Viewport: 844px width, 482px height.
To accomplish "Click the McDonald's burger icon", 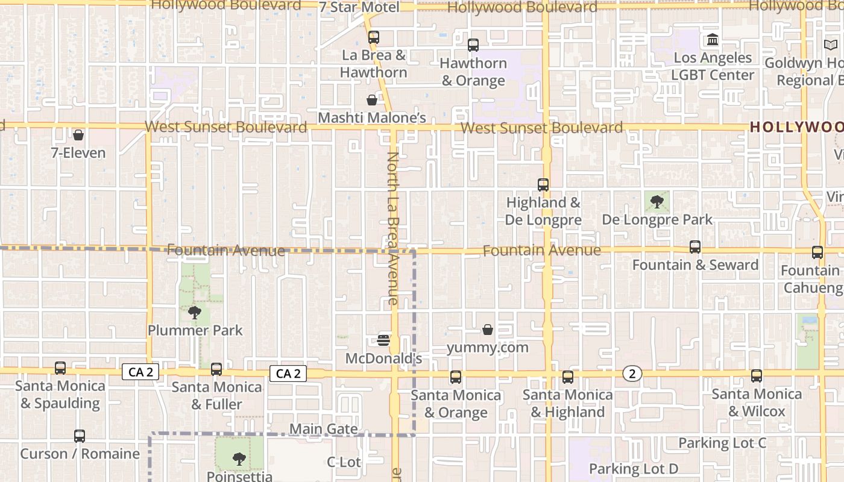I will [x=383, y=340].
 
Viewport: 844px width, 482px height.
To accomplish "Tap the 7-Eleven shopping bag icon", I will [x=78, y=135].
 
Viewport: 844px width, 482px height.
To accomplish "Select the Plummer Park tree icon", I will [x=194, y=312].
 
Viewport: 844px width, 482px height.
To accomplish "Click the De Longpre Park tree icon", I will [x=657, y=202].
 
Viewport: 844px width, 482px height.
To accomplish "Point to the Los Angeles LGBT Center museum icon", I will [x=713, y=40].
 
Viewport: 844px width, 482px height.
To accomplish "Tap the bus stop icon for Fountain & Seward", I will [x=695, y=247].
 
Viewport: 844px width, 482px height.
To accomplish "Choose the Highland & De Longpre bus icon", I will [x=543, y=185].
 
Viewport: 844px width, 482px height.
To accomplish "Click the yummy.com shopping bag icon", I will [x=488, y=330].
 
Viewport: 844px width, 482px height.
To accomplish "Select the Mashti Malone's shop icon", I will [x=372, y=100].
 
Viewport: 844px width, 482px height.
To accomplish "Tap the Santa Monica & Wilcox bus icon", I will [x=757, y=376].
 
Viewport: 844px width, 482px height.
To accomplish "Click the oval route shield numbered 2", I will [x=632, y=374].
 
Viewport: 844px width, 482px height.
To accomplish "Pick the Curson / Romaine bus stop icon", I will [x=80, y=436].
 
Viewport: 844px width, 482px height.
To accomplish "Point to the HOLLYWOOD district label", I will [x=796, y=127].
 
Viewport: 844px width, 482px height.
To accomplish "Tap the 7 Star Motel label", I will [x=359, y=7].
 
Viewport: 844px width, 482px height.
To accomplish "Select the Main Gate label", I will [x=324, y=429].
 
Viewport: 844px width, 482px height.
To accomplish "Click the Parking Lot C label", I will [x=722, y=443].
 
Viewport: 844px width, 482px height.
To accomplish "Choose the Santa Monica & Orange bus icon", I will [x=456, y=377].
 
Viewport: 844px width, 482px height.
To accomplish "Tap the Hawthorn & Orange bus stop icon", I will [x=473, y=45].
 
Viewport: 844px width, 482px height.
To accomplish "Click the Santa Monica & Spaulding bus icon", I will [x=60, y=368].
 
